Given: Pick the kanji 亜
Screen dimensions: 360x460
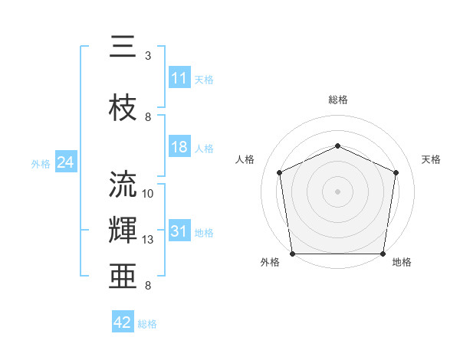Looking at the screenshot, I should point(123,277).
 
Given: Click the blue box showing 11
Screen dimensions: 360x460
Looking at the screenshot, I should point(179,78).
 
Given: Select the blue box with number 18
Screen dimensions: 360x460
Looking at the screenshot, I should point(179,147).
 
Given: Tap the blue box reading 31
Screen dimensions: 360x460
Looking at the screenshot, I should point(179,232).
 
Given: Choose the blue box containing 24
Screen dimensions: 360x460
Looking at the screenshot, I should point(66,162).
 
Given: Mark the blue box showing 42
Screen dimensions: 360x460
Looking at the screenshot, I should point(123,322).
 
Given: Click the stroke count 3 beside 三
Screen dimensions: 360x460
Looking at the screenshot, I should point(148,56).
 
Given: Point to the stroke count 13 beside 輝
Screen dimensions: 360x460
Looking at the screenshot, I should point(149,240).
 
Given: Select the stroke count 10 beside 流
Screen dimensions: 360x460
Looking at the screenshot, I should point(149,194).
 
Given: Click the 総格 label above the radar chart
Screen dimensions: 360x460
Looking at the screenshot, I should point(337,100).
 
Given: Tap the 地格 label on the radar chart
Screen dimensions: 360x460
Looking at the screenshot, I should point(402,263).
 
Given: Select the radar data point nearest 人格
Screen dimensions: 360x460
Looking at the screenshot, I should point(280,172).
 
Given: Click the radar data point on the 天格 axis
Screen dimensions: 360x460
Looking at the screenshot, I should point(396,172).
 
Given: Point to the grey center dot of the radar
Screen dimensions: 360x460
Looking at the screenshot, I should point(337,191).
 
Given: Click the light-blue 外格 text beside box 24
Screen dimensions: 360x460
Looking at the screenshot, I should point(41,163).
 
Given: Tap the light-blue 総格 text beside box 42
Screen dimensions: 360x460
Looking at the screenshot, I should point(147,324).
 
